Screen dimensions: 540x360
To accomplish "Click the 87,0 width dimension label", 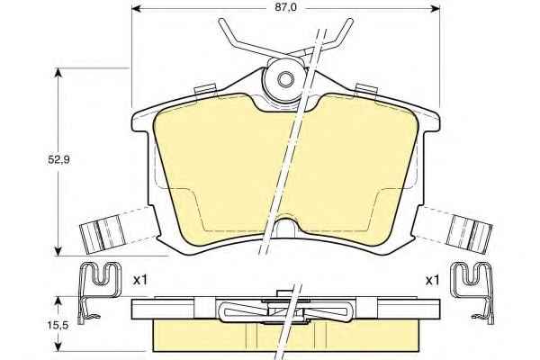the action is tap(285, 7).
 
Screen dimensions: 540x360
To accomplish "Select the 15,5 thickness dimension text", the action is tap(58, 325).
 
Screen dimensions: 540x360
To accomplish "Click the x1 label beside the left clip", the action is tap(140, 280).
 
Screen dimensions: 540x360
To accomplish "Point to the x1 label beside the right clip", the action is tap(433, 281).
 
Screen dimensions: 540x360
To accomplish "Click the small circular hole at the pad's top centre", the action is tap(284, 79).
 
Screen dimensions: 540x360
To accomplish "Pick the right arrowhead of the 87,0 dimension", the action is tap(435, 8).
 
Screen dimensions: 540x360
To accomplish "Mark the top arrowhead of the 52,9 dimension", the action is tap(58, 73).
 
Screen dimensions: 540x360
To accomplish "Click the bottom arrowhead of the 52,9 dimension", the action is tap(58, 251).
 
